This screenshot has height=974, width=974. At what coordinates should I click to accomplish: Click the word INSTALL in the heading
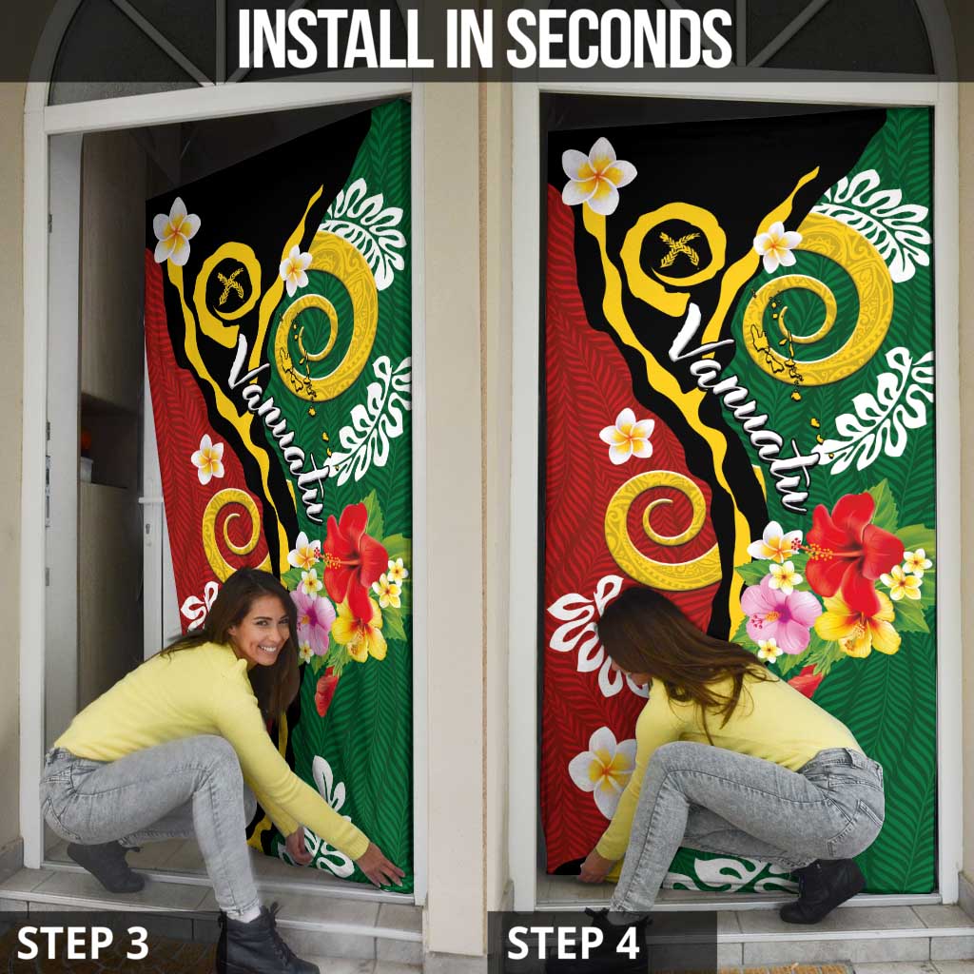click(336, 39)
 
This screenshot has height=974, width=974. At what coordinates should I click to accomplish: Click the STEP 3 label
click(83, 943)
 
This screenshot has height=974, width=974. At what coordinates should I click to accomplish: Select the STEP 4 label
click(574, 943)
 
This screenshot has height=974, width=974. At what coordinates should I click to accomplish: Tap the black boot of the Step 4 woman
click(822, 890)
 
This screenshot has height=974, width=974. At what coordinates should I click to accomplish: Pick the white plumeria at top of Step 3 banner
click(176, 231)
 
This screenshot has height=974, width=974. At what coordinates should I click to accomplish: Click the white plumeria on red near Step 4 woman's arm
click(602, 771)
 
